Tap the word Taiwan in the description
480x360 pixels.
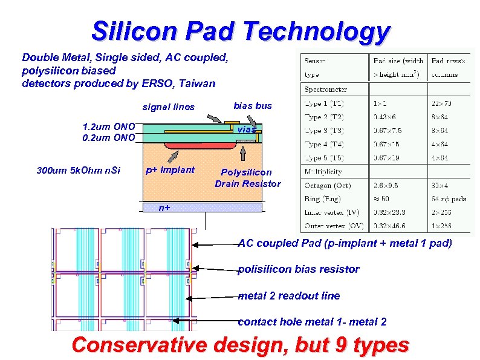(x=195, y=83)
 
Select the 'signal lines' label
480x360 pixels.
(x=168, y=107)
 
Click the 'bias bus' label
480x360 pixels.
(x=253, y=106)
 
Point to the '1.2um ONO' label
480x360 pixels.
(x=108, y=127)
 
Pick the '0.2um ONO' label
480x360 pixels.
(x=108, y=137)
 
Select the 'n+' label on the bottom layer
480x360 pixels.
(x=164, y=208)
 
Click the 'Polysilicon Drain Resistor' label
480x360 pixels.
(x=247, y=178)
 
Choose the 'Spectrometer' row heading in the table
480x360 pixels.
(x=326, y=90)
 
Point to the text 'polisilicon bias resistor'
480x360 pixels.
(x=299, y=269)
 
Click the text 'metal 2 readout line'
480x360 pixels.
(x=289, y=296)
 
